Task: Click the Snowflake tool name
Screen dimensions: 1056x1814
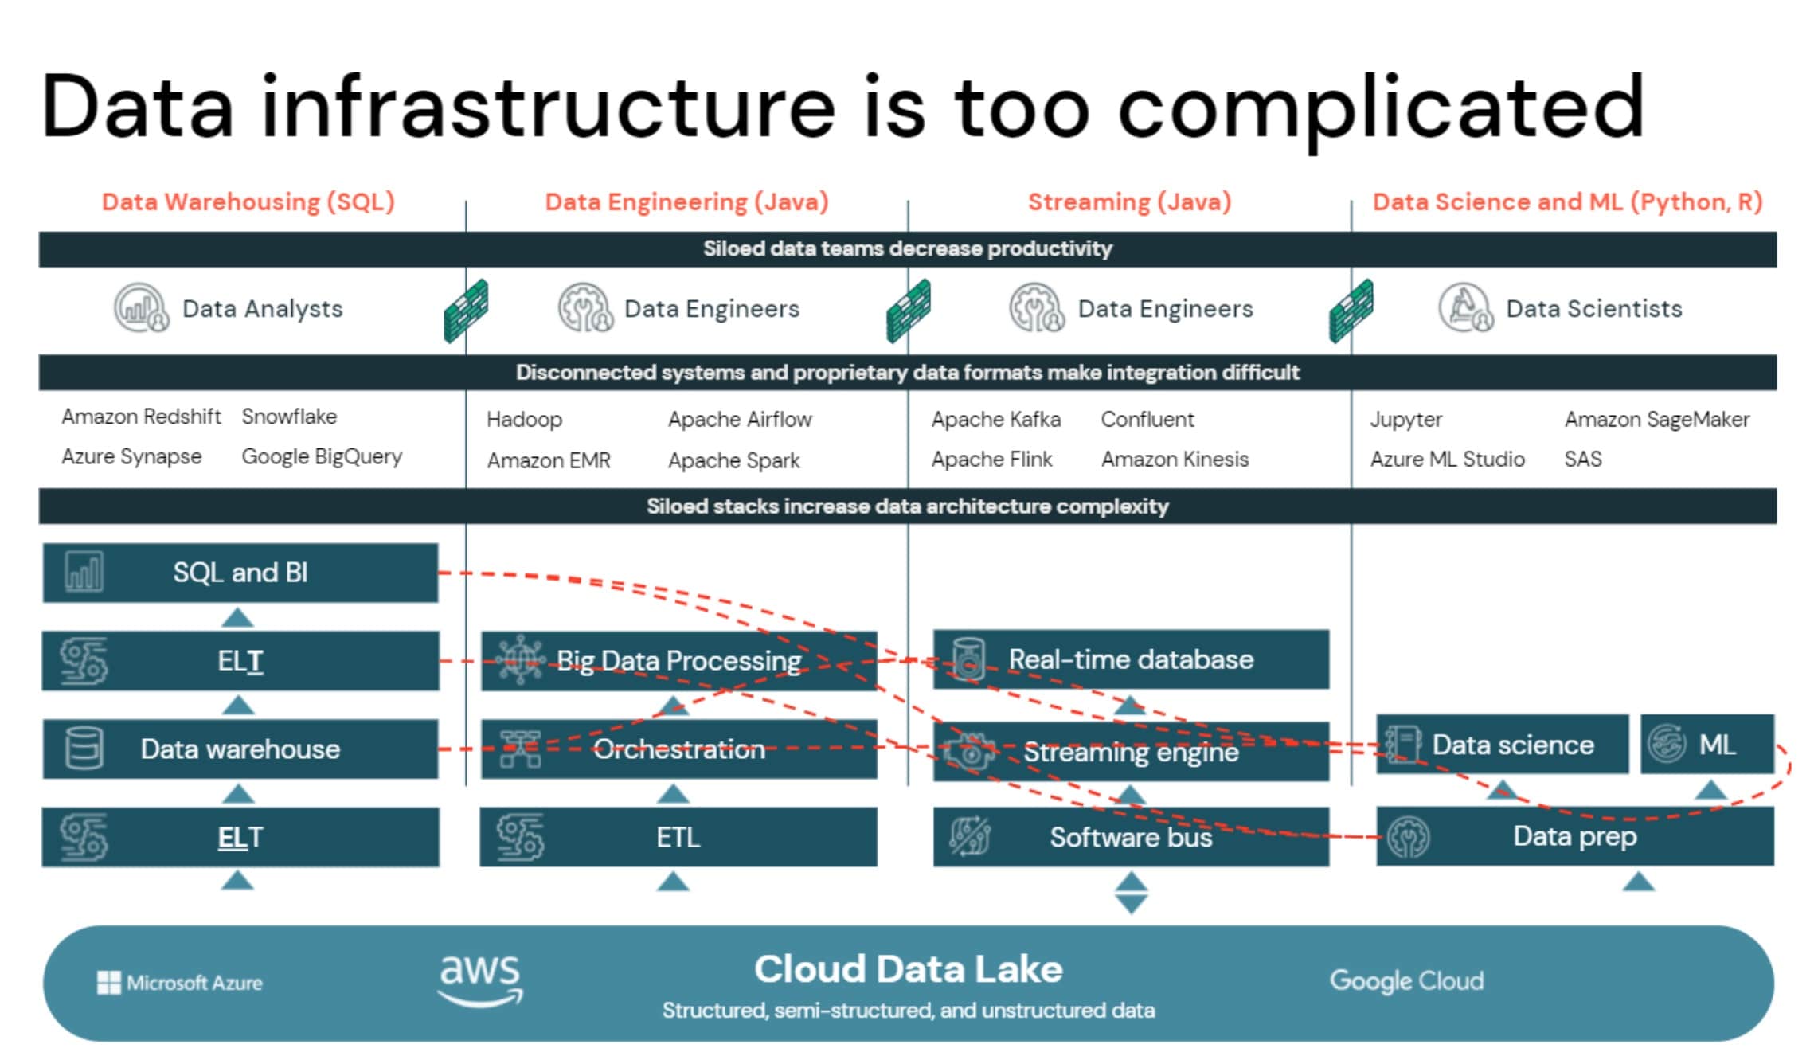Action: (289, 417)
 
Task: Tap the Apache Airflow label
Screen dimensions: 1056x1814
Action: (740, 420)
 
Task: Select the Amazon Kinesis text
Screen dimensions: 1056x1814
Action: (1175, 460)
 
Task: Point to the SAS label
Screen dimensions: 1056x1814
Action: (1582, 460)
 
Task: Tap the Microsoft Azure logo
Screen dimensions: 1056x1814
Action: (180, 983)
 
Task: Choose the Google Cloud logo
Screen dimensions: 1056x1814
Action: (1406, 981)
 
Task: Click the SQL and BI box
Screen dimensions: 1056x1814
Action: (240, 573)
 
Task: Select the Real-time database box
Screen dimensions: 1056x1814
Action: (1131, 659)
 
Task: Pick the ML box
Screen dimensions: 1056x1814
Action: (1707, 745)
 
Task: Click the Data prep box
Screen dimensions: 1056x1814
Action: (1574, 836)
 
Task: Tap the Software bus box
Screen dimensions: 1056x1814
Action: (1131, 837)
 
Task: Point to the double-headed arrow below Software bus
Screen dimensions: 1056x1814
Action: (1131, 893)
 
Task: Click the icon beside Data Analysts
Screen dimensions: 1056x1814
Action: (141, 308)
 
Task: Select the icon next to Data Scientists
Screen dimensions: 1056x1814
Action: (1465, 308)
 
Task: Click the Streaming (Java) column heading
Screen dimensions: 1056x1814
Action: (1129, 202)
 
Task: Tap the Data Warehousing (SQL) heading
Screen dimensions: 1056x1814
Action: (248, 202)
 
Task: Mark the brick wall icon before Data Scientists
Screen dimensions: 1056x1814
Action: (1351, 311)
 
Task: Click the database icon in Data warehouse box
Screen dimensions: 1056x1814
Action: (84, 749)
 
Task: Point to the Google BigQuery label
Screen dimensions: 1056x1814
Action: (322, 457)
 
